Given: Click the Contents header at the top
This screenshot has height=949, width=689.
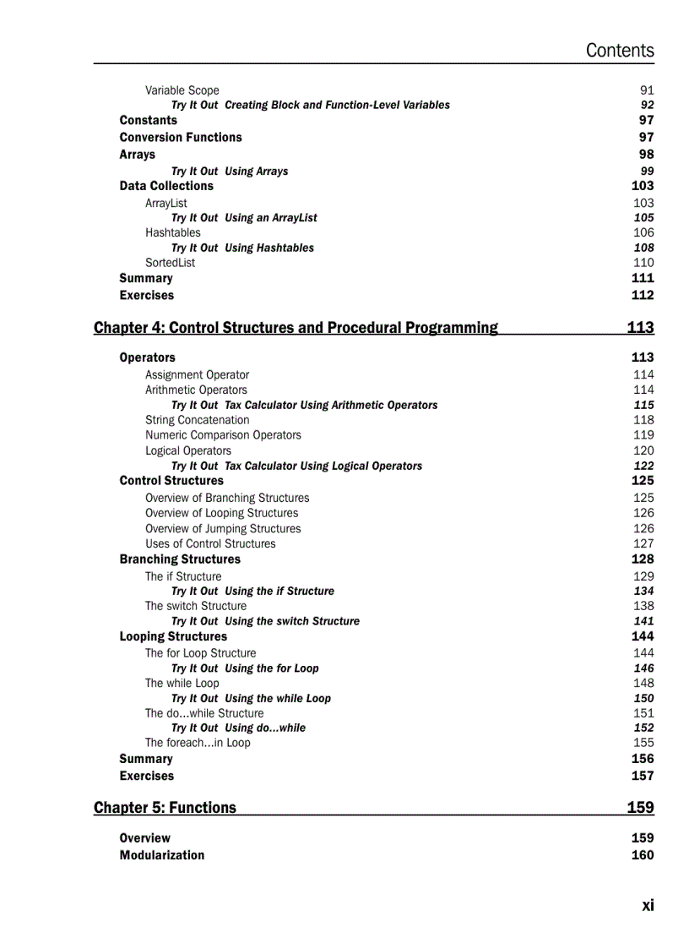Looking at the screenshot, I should point(619,51).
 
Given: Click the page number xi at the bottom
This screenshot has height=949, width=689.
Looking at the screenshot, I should point(647,905).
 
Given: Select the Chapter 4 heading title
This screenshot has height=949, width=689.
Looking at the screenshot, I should point(296,328).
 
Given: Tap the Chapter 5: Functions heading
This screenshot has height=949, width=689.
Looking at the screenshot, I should point(165,808).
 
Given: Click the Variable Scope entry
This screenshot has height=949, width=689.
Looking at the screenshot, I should point(182,90).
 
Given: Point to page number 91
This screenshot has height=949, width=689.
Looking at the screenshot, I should point(647,90).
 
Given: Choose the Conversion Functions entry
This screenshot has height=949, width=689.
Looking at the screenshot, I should point(180,137).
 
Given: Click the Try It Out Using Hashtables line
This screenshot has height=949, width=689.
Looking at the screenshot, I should point(242,248).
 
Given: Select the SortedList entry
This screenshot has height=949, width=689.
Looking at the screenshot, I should point(170,263).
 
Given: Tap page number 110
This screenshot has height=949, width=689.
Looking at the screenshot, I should point(643,263).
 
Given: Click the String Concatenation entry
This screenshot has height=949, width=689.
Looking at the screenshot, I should point(197,420).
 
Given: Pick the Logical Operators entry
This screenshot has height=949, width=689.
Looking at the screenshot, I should point(187,450).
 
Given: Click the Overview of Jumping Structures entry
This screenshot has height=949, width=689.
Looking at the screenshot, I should point(222,528).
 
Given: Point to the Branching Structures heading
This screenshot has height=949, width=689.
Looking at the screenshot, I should point(179,559).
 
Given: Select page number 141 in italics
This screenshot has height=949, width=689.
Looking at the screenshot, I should point(643,621).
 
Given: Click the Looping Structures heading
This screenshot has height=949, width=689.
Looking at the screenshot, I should point(172,636).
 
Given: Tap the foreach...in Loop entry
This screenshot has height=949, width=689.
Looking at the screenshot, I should point(197,743).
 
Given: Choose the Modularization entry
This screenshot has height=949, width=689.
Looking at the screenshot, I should point(161,855).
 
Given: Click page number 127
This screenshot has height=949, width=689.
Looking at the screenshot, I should point(643,543).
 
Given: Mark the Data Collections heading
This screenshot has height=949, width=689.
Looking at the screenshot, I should point(165,186).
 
